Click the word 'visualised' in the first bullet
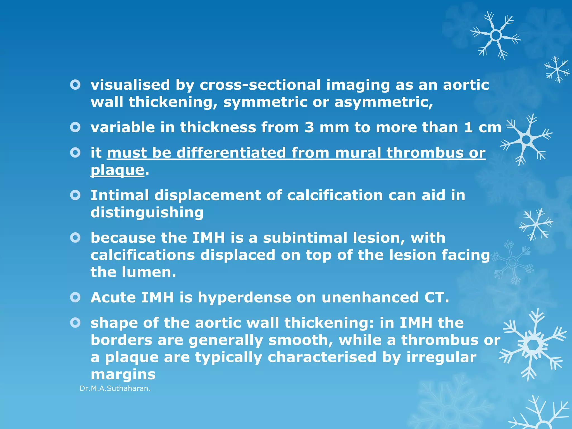pos(130,85)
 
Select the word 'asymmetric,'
pos(383,102)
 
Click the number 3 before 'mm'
pos(309,128)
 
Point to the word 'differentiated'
pos(231,153)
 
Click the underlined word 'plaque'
pos(117,170)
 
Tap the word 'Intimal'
pos(120,195)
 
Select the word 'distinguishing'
pos(147,213)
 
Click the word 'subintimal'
pos(305,238)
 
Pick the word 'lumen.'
pos(149,272)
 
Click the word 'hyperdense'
pos(244,297)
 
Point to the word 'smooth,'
pos(301,340)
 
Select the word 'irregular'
pos(441,357)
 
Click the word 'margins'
pos(123,375)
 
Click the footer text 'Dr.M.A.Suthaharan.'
pos(115,389)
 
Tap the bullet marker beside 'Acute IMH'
pos(75,297)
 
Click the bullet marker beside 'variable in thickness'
pos(75,128)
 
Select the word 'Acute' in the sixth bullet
pos(113,297)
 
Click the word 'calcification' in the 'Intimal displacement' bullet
pos(335,195)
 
